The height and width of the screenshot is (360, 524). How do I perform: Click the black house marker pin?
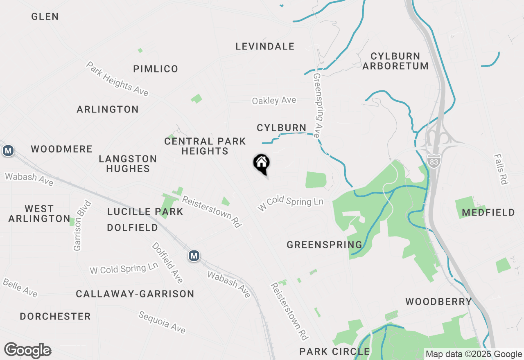coord(262,164)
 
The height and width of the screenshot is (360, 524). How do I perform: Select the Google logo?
coord(27,351)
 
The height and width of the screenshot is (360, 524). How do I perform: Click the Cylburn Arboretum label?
coord(395,61)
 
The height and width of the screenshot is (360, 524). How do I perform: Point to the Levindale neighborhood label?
coord(265,47)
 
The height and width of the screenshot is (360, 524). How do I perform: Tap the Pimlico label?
coord(156,69)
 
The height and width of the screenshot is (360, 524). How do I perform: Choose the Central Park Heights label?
coord(205,146)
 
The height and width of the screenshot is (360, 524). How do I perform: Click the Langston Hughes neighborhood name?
coord(128,164)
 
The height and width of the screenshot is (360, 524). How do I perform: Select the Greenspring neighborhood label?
coord(324,245)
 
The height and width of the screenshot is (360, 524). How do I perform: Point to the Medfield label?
coord(488,212)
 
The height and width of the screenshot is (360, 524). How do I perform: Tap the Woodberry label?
coord(438,302)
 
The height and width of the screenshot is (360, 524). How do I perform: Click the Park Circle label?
coord(334,351)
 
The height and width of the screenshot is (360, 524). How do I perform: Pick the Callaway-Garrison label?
coord(135,294)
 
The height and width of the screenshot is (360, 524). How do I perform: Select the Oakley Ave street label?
coord(274,101)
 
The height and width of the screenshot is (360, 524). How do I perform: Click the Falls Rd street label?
coord(501,169)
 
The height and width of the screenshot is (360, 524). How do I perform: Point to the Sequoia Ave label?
coord(162,322)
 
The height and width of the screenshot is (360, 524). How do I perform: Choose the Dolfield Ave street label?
coord(167,263)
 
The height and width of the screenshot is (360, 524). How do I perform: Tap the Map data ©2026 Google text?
coord(474,354)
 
